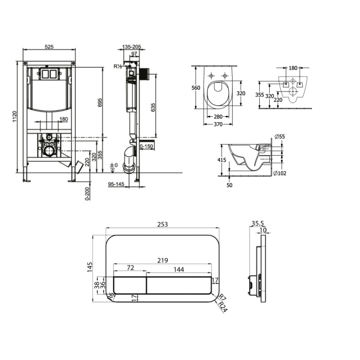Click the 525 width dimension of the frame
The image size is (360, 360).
coord(49,47)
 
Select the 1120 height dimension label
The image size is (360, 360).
coord(14,116)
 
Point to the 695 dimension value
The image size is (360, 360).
coord(100,102)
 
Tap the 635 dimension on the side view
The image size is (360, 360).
coord(153,107)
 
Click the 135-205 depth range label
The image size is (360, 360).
coord(132,47)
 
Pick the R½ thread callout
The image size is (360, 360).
coord(117,66)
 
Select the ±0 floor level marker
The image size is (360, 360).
coord(114,165)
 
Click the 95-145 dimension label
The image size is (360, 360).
coord(116,184)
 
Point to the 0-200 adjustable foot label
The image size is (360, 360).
coord(88,194)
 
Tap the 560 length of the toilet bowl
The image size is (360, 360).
coord(196,88)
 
